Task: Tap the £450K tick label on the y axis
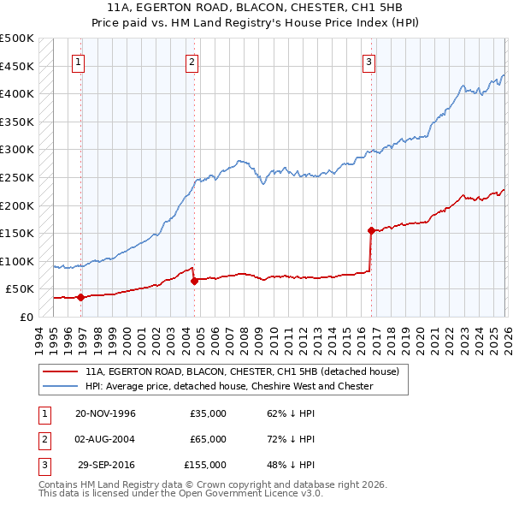(x=17, y=66)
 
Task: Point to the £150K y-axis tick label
(x=17, y=233)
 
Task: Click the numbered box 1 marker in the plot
(x=78, y=62)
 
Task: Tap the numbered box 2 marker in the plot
(x=192, y=62)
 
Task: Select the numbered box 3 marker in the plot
(x=369, y=62)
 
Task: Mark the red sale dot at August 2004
(x=194, y=281)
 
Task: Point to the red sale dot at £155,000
(x=371, y=230)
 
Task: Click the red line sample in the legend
(x=61, y=372)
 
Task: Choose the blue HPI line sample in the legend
(x=61, y=386)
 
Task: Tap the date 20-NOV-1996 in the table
(x=105, y=413)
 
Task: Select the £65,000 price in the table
(x=208, y=439)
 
